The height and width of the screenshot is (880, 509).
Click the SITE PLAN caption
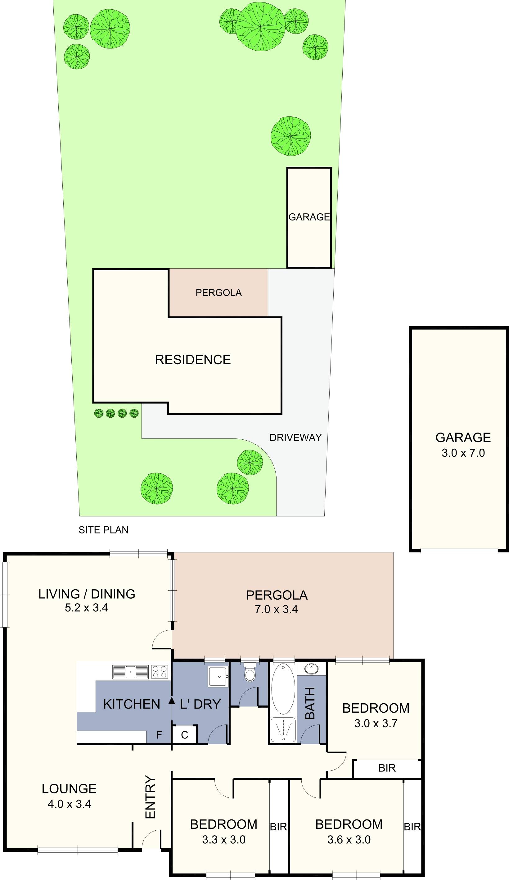coord(103,530)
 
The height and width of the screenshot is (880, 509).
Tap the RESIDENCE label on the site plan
coord(193,360)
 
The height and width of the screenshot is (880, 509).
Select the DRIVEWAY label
coord(295,438)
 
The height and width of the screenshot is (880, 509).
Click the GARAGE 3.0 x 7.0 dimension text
coord(463,453)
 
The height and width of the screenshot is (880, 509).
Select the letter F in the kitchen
coord(159,735)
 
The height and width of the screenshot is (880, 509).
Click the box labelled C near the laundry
coord(184,735)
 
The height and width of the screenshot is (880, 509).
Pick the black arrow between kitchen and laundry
coord(171,700)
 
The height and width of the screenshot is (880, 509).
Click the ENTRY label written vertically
coord(150,796)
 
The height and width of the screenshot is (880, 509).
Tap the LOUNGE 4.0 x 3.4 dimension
coord(69,804)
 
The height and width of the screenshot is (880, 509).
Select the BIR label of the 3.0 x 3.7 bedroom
coord(387,768)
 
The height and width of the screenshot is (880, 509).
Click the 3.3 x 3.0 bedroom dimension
coord(224,840)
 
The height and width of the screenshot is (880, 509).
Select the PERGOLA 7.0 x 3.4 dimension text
coord(276,609)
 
